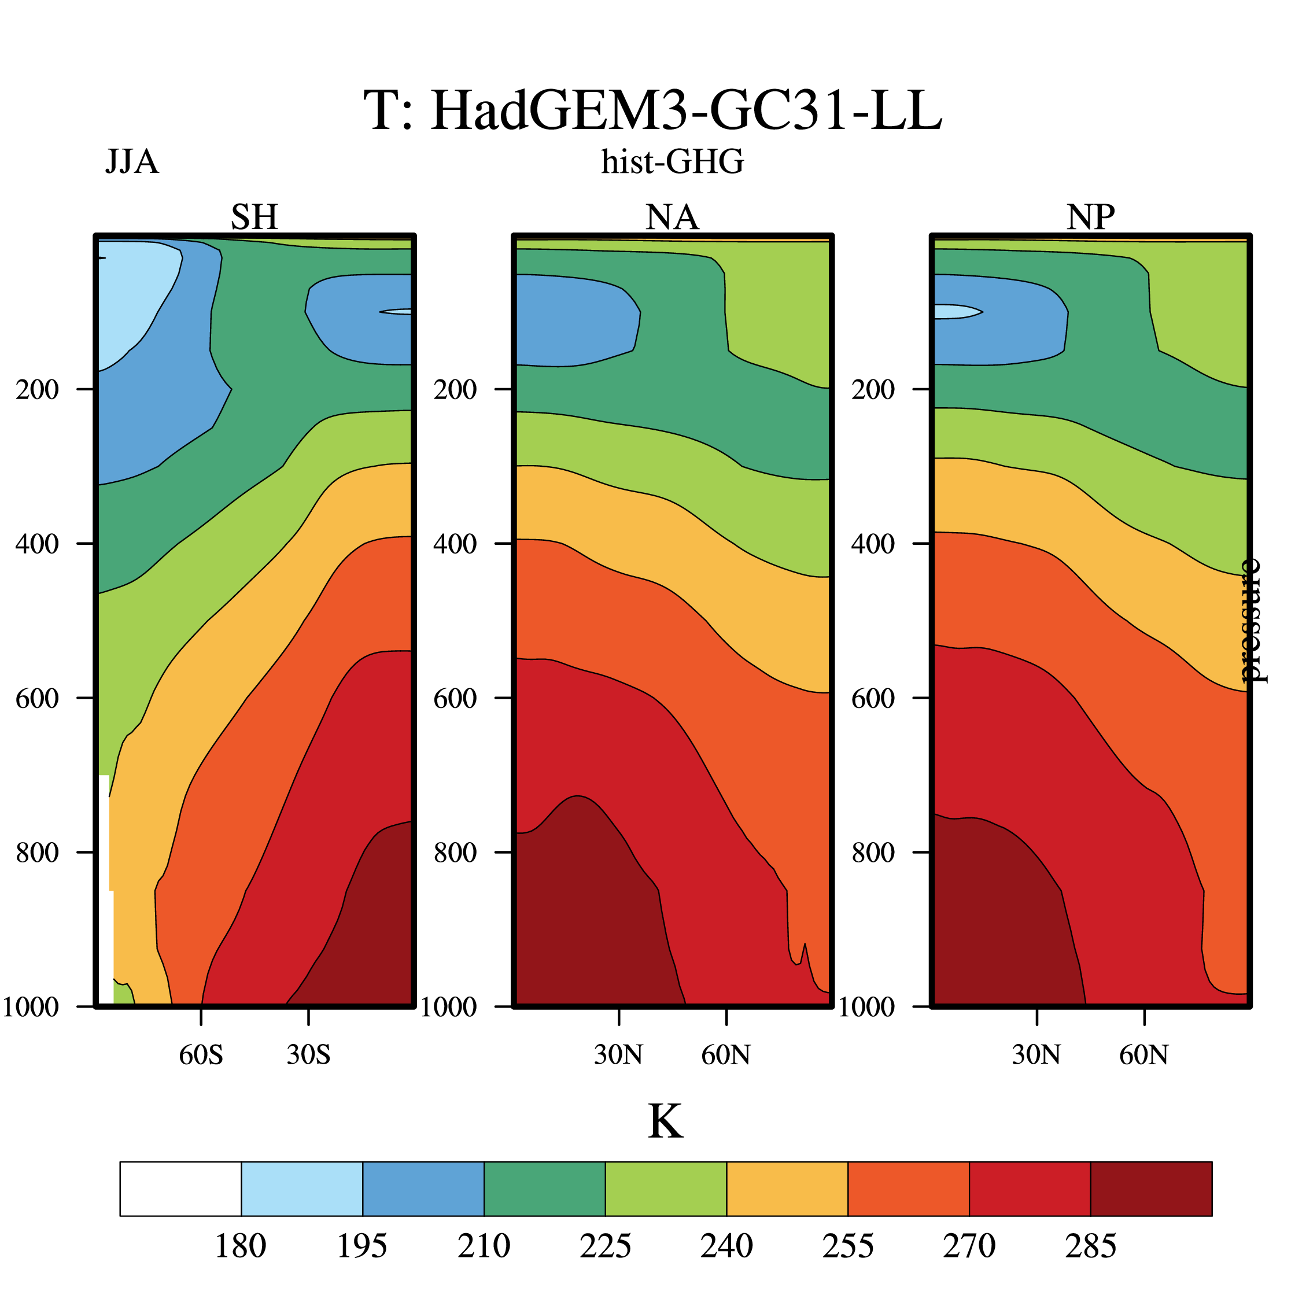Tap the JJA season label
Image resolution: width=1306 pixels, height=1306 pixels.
[132, 162]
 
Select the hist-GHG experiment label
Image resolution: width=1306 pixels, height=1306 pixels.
[673, 162]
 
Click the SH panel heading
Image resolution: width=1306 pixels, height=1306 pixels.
[254, 217]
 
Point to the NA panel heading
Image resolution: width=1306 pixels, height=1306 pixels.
[672, 217]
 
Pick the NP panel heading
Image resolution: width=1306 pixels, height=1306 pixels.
[1090, 217]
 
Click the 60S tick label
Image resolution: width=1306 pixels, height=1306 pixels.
[201, 1055]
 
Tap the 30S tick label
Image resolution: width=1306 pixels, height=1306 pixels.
[308, 1055]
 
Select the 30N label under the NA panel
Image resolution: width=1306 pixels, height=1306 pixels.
[618, 1055]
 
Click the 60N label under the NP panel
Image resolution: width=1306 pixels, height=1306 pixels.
[1144, 1055]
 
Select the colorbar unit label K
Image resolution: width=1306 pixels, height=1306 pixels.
[666, 1123]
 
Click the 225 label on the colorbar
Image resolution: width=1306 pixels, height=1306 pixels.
[605, 1246]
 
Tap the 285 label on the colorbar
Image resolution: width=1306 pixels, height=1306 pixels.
[1090, 1246]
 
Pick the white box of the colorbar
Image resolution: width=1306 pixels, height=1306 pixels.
[180, 1189]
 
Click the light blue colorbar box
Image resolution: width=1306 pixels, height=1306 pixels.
[302, 1189]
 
